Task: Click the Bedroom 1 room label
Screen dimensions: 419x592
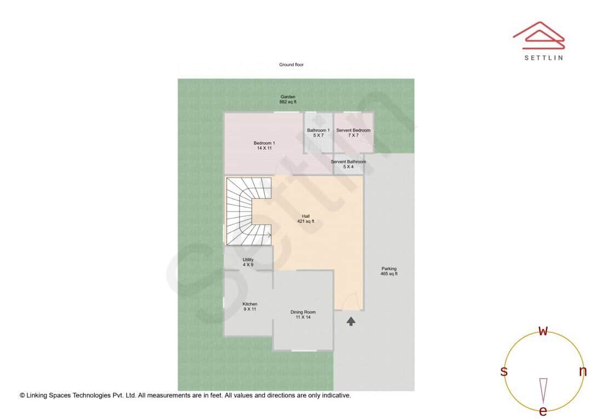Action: tap(264, 145)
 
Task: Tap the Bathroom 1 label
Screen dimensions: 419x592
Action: tap(318, 133)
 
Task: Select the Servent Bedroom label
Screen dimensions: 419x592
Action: tap(353, 133)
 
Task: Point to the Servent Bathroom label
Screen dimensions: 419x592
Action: tap(348, 164)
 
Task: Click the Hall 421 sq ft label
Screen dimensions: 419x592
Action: tap(305, 219)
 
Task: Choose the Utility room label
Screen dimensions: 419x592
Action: tap(248, 262)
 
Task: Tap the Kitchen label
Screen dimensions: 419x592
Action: tap(250, 307)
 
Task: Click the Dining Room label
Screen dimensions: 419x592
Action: tap(303, 314)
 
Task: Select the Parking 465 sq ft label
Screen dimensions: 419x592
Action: tap(389, 271)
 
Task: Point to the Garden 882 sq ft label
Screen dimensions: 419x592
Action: tap(288, 99)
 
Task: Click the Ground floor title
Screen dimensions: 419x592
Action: tap(291, 65)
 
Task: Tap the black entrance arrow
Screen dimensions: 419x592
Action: tap(351, 321)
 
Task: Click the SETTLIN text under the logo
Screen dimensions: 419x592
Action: tap(543, 58)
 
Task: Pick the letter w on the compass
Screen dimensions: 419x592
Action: tap(543, 331)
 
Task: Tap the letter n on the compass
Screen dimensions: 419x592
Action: tap(583, 371)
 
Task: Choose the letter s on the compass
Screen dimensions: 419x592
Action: tap(504, 371)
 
